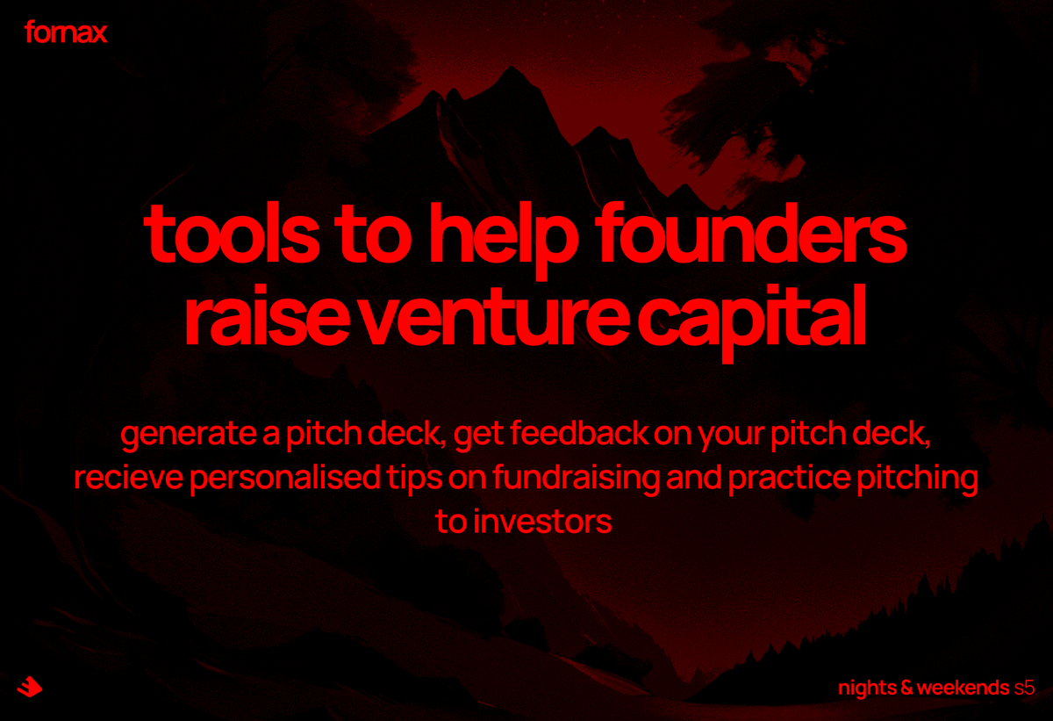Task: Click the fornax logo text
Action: click(x=66, y=33)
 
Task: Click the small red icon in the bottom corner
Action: click(x=29, y=686)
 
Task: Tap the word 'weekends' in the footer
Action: click(x=963, y=688)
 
